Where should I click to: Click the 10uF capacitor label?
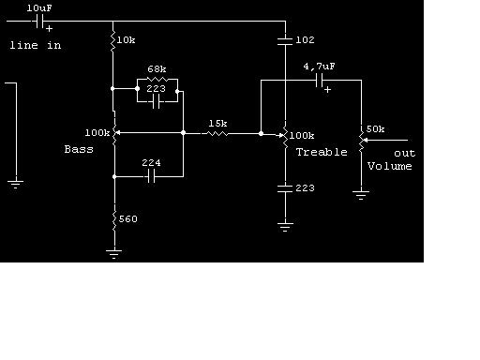39,8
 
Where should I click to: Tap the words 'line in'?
36,45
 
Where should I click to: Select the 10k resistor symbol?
112,40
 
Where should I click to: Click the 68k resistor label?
157,69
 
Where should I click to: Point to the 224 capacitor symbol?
151,176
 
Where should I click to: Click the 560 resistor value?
128,218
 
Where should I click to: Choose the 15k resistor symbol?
217,134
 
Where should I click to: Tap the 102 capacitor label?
305,40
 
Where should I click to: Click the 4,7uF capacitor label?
319,67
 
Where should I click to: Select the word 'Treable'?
322,152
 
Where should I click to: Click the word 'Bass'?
79,149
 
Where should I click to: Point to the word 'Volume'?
389,166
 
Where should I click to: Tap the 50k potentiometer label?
375,129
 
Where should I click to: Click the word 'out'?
405,154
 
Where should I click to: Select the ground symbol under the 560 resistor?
114,254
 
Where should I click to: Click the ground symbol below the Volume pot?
361,195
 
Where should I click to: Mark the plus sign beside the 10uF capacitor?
49,29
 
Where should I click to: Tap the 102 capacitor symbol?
285,41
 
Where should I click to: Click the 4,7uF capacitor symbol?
320,81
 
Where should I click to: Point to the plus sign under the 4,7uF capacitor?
327,90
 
